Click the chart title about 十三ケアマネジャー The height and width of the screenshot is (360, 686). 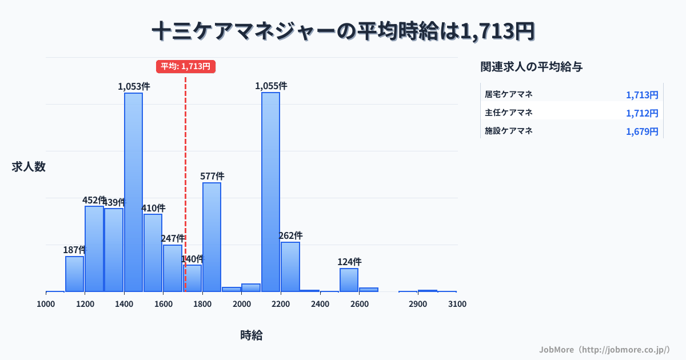[343, 31]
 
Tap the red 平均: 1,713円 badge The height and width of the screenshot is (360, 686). [185, 66]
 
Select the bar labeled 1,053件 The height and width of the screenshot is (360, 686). [134, 192]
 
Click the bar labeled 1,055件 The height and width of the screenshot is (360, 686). [270, 192]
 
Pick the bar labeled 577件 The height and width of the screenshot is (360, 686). [212, 237]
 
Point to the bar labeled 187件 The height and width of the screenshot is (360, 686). [74, 274]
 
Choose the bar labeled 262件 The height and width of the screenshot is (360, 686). [290, 267]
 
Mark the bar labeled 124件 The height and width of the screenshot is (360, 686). [349, 280]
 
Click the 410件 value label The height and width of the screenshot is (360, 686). [153, 208]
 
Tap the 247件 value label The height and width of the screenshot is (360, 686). [173, 238]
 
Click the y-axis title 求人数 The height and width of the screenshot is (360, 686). [29, 167]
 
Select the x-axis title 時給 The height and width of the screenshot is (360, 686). [252, 335]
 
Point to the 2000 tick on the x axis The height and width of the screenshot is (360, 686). [242, 304]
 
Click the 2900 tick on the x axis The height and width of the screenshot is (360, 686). [418, 304]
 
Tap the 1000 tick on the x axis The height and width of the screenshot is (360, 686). [46, 304]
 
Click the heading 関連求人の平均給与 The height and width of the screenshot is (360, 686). [532, 67]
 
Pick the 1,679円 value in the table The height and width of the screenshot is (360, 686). [642, 131]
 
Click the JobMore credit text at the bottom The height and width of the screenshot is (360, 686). [604, 349]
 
